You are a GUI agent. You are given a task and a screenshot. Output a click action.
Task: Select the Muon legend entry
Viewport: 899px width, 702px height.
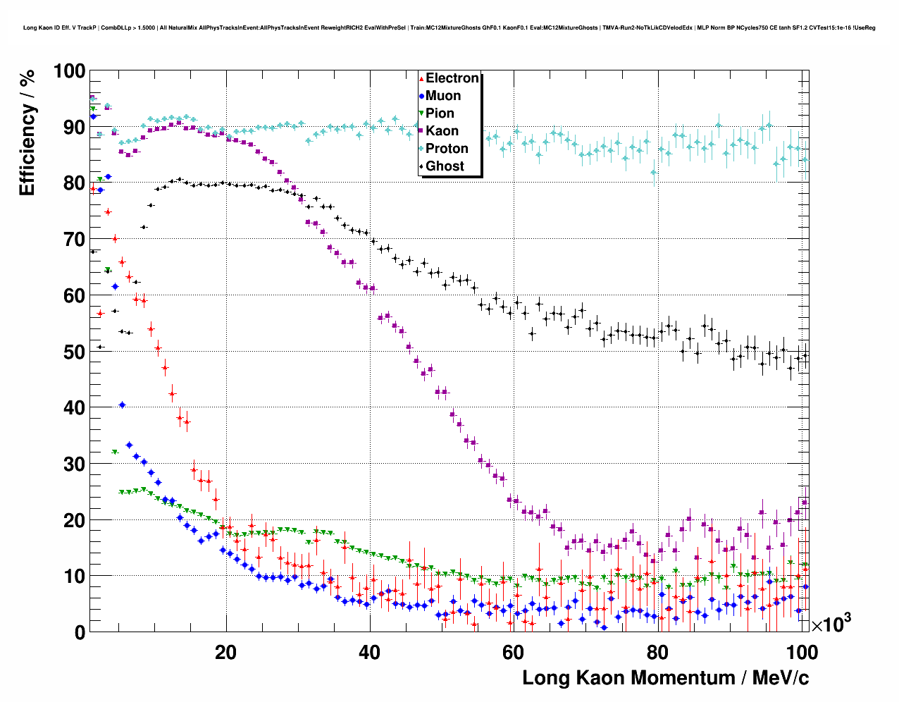pos(443,96)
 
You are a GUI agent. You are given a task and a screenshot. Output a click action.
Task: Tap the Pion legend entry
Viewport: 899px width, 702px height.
pos(440,113)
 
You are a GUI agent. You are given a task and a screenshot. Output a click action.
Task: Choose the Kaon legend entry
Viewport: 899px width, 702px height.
pos(442,131)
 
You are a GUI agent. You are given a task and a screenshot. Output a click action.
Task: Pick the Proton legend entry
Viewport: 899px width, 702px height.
pos(447,149)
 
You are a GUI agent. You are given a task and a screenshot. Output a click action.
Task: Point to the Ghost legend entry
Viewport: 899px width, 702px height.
pos(445,166)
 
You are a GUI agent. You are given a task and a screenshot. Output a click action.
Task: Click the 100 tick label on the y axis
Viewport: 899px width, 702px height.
pos(69,71)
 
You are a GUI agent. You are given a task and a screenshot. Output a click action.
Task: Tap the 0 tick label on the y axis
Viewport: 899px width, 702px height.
pos(80,632)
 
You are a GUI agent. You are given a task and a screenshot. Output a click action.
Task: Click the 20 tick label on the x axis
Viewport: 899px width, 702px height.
pos(226,653)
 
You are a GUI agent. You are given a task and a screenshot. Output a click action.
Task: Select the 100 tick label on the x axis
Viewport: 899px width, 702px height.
pos(801,653)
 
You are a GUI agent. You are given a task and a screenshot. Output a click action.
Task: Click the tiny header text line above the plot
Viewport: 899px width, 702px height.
pos(449,27)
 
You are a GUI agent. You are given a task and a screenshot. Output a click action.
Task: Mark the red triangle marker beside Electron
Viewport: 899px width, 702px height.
pos(421,79)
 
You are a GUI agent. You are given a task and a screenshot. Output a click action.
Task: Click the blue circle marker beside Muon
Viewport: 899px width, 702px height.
pos(421,96)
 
